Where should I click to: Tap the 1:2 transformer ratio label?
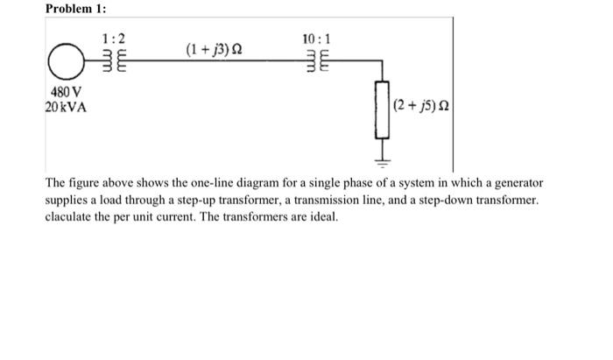point(114,39)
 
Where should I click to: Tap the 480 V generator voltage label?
point(61,94)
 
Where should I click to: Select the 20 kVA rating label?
point(63,108)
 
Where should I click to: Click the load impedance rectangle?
point(383,109)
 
